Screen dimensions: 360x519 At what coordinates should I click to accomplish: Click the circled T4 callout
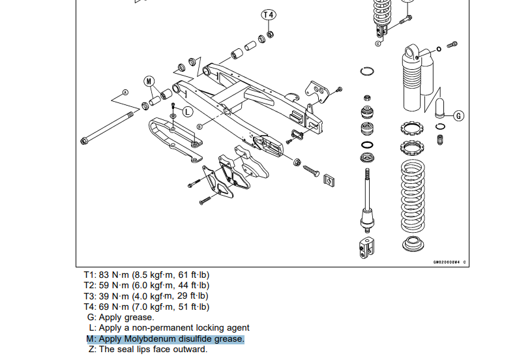click(269, 14)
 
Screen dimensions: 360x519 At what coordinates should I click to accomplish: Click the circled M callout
click(149, 82)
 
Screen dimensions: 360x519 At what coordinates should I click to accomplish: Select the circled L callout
click(186, 112)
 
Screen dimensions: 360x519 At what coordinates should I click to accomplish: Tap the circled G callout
click(458, 116)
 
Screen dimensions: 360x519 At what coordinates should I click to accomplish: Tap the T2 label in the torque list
click(90, 286)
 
